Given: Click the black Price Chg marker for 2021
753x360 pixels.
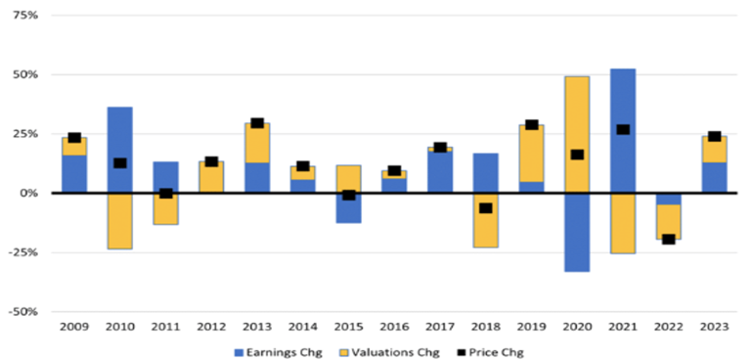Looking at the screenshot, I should [x=622, y=129].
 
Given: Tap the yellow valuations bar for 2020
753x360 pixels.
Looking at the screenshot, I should [x=577, y=108].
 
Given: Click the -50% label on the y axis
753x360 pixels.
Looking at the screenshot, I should [x=23, y=311].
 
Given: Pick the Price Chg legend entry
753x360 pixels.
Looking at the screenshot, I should [x=492, y=350].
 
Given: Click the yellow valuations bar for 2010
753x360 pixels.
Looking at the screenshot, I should [x=120, y=221].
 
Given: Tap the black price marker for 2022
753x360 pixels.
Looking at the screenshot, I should [x=668, y=239].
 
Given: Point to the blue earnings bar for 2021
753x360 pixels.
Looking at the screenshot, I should [x=622, y=98].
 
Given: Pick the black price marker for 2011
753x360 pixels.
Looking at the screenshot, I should [x=166, y=194].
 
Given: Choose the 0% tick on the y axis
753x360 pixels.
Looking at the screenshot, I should [x=29, y=193].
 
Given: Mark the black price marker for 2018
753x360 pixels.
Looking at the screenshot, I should [x=485, y=207].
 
